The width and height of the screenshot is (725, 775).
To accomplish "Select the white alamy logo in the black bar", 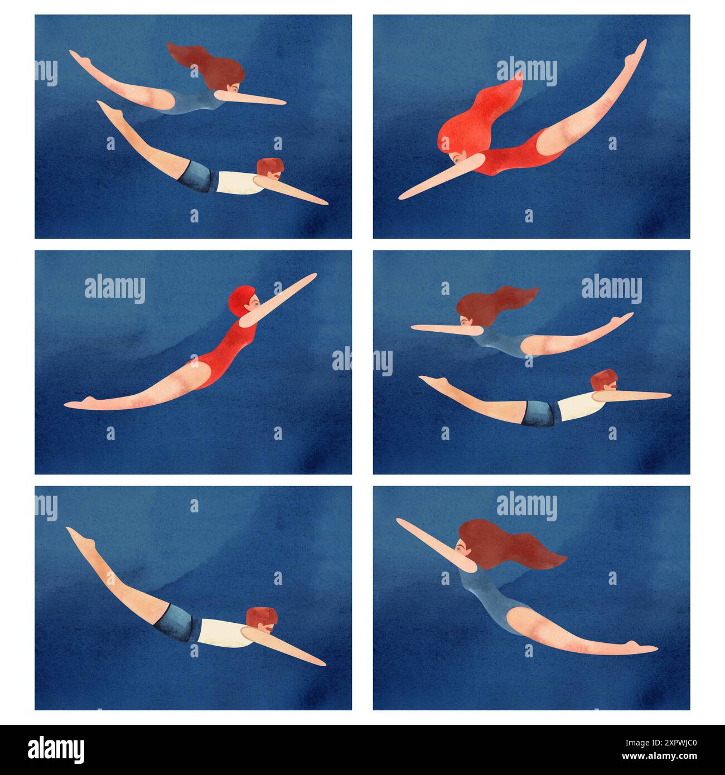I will (56, 748).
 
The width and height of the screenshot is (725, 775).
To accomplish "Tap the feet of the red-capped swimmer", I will (78, 403).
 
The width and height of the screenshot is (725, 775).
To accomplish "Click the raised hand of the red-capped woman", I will (310, 277).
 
